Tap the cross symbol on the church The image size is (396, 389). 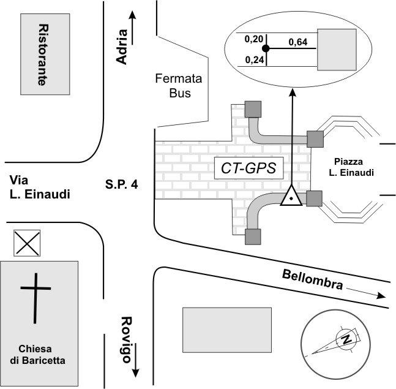pyautogui.click(x=34, y=298)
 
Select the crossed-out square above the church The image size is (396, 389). pyautogui.click(x=28, y=244)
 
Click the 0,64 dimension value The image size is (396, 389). pyautogui.click(x=297, y=42)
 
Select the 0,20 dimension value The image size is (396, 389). pyautogui.click(x=252, y=39)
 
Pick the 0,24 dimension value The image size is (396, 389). pyautogui.click(x=252, y=59)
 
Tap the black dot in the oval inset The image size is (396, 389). pyautogui.click(x=266, y=48)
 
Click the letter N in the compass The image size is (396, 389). pyautogui.click(x=347, y=339)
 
